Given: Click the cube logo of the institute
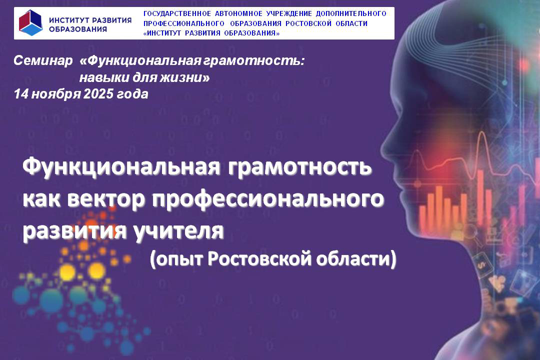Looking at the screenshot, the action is click(x=30, y=22).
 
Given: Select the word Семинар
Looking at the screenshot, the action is click(x=43, y=60).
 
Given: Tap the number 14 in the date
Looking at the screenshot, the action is click(x=21, y=94).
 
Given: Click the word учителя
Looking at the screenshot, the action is click(x=178, y=231).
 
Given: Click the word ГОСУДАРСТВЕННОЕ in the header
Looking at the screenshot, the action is click(x=177, y=14).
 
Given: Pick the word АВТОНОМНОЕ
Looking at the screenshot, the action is click(x=238, y=14).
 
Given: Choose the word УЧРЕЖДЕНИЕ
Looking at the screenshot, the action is click(x=289, y=14).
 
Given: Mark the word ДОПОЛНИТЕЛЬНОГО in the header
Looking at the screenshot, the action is click(x=351, y=14).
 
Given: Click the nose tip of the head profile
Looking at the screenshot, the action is click(x=381, y=149).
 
